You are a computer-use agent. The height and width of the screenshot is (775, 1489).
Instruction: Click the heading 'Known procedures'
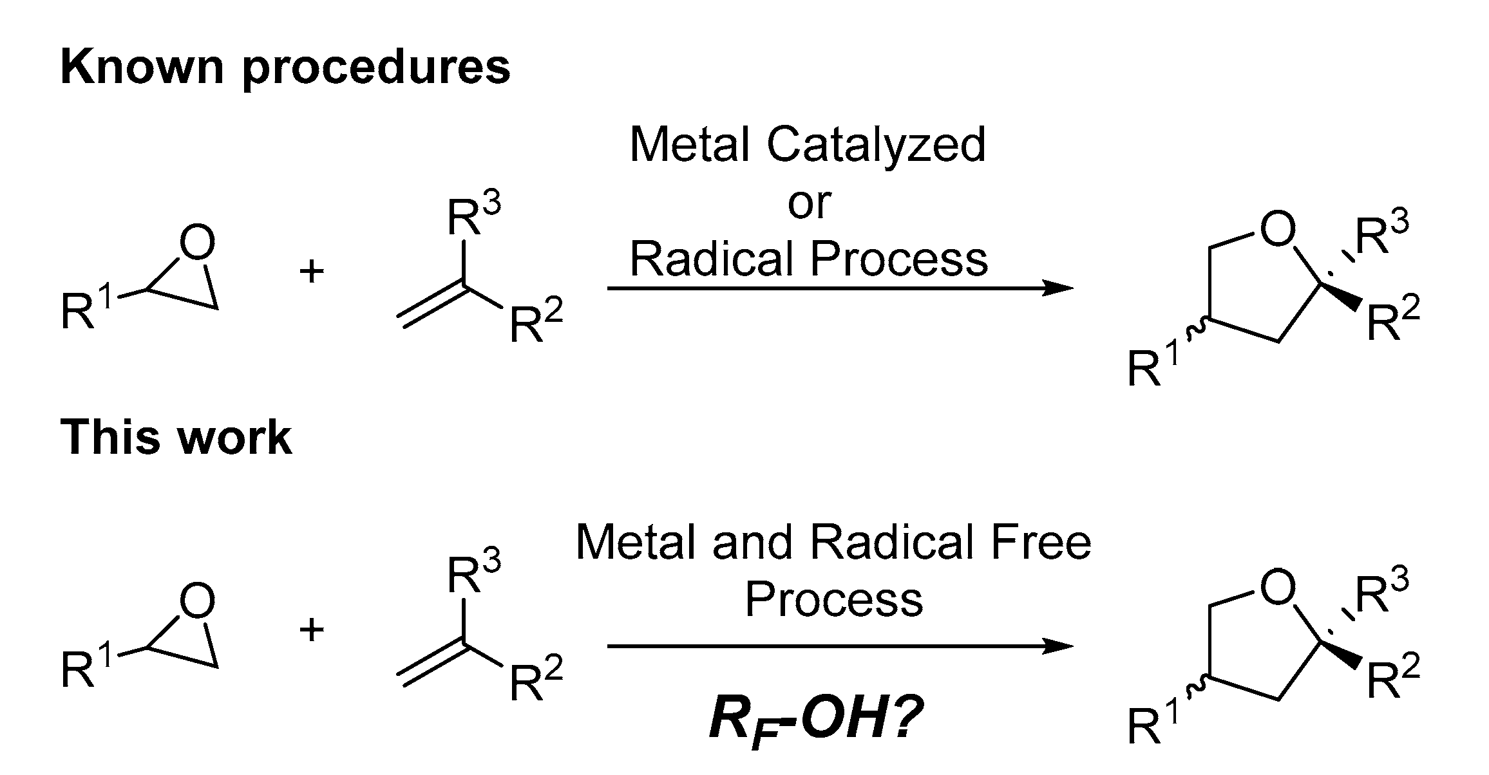[x=285, y=68]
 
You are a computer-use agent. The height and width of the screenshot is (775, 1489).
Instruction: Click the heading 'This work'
[x=175, y=437]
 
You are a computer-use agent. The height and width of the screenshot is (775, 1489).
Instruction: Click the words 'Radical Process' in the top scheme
[x=808, y=259]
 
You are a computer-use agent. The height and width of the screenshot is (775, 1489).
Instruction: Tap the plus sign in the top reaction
[x=312, y=272]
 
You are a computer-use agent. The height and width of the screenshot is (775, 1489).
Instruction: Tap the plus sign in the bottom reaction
[x=312, y=630]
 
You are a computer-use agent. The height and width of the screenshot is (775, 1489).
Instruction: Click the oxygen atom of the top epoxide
[x=197, y=243]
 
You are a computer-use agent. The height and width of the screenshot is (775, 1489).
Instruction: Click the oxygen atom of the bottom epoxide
[x=197, y=601]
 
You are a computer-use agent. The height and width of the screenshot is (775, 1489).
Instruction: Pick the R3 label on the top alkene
[x=473, y=217]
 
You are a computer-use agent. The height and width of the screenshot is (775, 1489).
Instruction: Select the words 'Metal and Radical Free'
[x=833, y=543]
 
